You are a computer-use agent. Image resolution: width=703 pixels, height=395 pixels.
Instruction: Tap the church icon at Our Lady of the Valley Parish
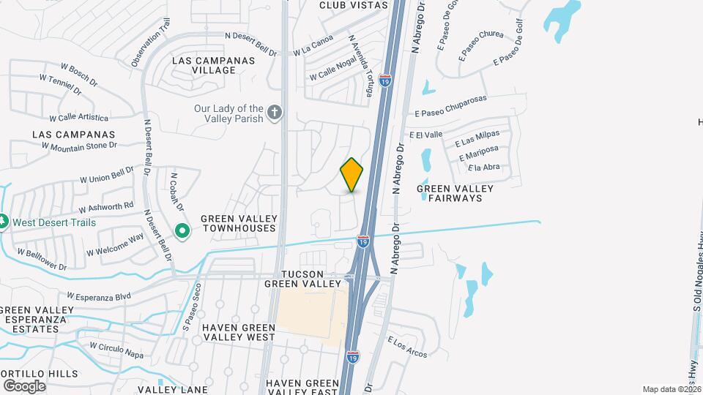tap(275, 113)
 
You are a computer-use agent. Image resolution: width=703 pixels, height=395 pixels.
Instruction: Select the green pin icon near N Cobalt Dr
tap(182, 231)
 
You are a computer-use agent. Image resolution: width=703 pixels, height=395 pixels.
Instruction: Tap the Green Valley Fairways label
tap(455, 193)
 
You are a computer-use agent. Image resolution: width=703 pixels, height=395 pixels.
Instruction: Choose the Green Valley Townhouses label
tap(239, 223)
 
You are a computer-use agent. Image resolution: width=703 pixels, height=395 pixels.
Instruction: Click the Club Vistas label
tap(353, 5)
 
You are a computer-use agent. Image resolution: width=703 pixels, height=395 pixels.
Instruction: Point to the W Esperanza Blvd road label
tap(98, 296)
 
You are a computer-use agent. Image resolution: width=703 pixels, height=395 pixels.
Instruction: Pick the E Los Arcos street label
tap(407, 347)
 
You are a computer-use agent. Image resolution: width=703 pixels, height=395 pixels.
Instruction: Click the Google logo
tap(24, 385)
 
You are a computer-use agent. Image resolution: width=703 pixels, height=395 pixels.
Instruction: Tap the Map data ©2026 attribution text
tap(672, 389)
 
